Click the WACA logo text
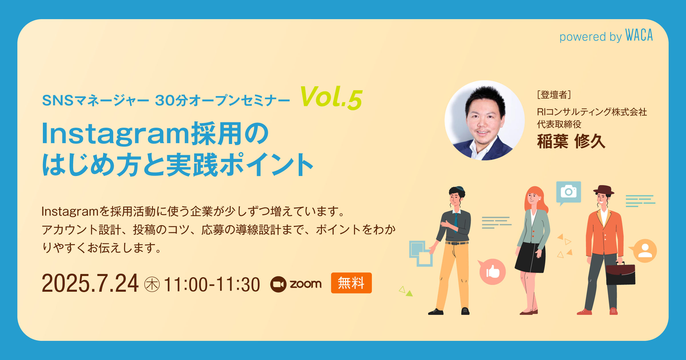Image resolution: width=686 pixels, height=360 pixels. [639, 35]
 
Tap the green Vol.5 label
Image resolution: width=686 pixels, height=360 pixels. [331, 98]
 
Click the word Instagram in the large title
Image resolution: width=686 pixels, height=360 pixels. [115, 134]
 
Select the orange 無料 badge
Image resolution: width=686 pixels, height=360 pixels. [351, 283]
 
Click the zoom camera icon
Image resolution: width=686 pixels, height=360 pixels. [278, 284]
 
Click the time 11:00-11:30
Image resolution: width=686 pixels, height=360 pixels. [212, 285]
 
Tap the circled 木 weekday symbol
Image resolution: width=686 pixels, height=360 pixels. [152, 285]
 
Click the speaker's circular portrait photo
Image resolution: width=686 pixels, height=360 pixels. [484, 120]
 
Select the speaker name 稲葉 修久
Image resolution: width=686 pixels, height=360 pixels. [571, 141]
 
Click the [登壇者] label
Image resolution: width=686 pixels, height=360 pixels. [554, 95]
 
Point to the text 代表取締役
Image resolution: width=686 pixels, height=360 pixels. [559, 124]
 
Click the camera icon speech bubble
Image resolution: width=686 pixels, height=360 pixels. [569, 192]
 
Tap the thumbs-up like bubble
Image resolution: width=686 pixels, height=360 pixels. [492, 272]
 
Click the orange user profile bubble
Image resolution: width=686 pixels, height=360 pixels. [645, 251]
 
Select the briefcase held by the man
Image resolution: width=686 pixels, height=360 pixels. [621, 274]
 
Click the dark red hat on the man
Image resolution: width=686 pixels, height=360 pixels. [603, 190]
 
